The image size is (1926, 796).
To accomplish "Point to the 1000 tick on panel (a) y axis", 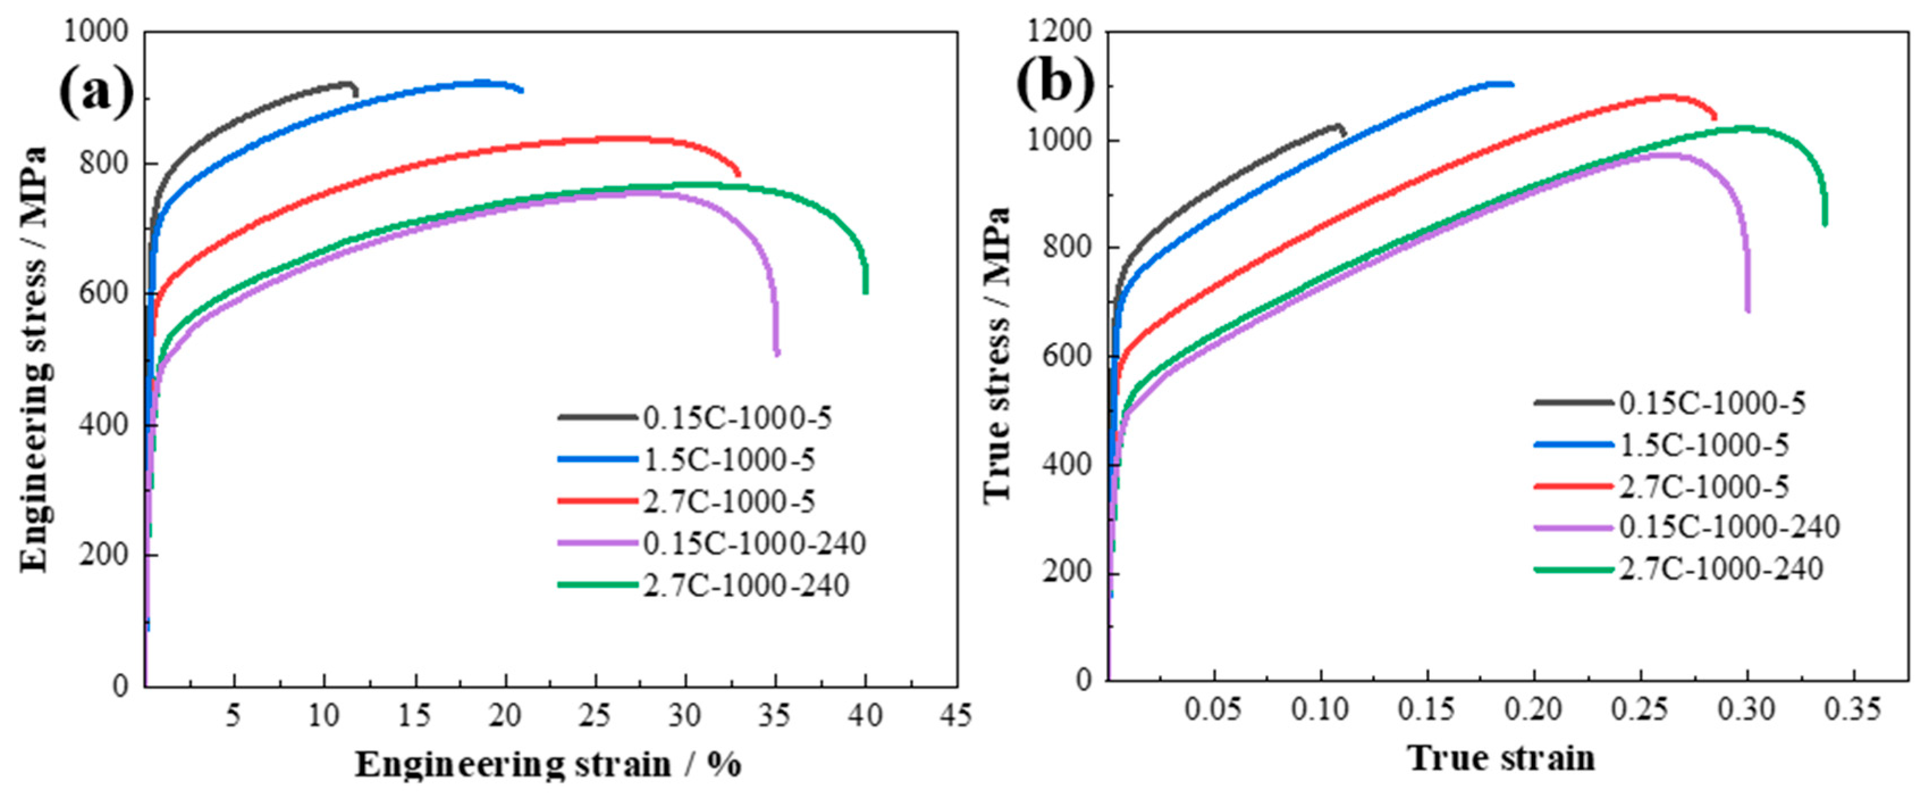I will coord(96,32).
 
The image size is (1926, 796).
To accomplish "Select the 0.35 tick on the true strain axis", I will coord(1854,709).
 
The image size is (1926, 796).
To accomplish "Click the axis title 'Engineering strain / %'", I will coord(548,765).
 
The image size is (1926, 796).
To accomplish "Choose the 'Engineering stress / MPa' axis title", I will coord(33,359).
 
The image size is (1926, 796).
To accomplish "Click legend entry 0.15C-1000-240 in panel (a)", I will coord(754,543).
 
